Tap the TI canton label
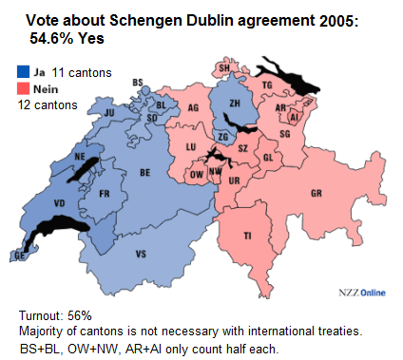click(x=248, y=236)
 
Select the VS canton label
click(x=141, y=254)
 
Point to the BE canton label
click(x=145, y=174)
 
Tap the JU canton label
click(x=108, y=112)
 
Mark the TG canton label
click(x=267, y=85)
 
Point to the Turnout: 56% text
click(x=55, y=314)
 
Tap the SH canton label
click(x=224, y=68)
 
